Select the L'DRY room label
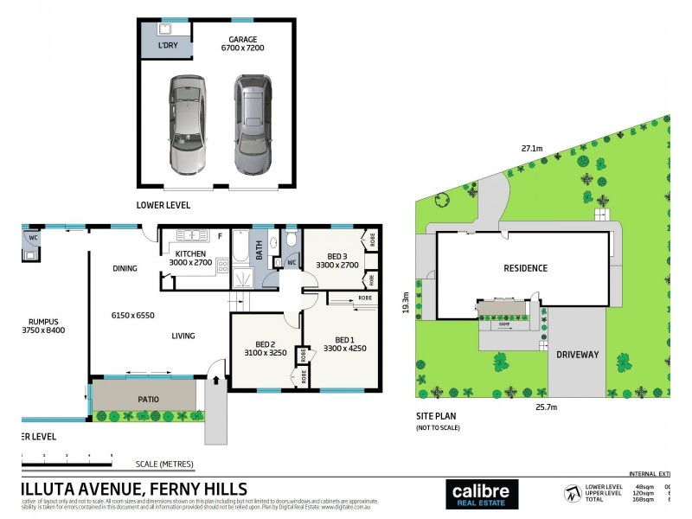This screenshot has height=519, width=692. pos(167,45)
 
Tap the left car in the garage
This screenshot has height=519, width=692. pos(187,125)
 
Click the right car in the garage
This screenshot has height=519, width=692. pos(252,125)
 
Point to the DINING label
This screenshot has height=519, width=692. pos(125,268)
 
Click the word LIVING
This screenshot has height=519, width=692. pos(183,336)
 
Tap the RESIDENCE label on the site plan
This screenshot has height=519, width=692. pos(526,268)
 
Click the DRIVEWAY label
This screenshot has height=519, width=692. pos(577,356)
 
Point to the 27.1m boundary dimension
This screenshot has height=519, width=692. pos(531,149)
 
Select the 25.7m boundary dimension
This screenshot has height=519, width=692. pos(545,407)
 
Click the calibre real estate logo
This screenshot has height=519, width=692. pos(482,494)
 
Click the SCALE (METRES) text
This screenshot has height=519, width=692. pos(164,464)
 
